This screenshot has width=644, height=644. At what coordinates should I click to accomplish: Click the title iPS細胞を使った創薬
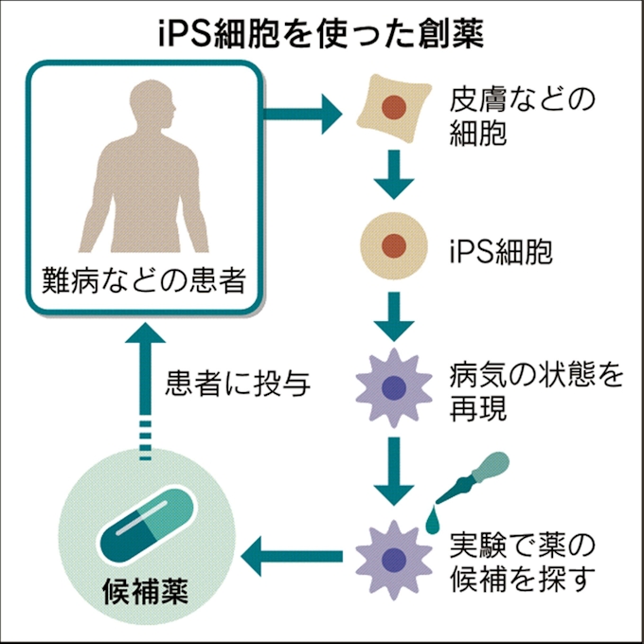point(321,32)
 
